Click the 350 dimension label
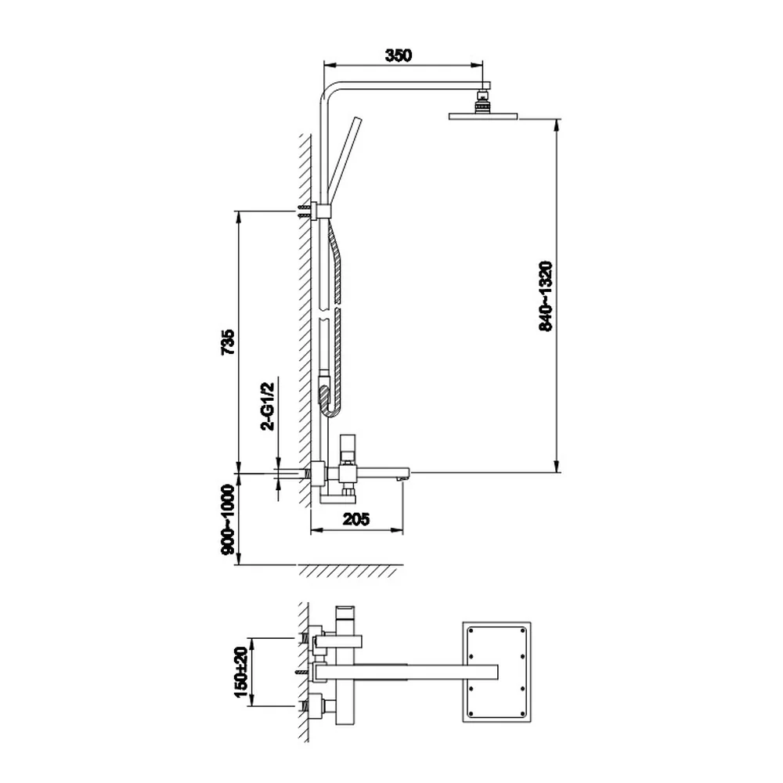pyautogui.click(x=399, y=55)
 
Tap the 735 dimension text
pyautogui.click(x=228, y=341)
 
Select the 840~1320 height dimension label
pyautogui.click(x=546, y=296)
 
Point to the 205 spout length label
pyautogui.click(x=356, y=519)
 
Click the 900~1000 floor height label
pyautogui.click(x=228, y=519)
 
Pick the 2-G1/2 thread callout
pyautogui.click(x=268, y=406)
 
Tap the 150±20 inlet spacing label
pyautogui.click(x=241, y=672)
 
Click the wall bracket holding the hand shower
pyautogui.click(x=320, y=211)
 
